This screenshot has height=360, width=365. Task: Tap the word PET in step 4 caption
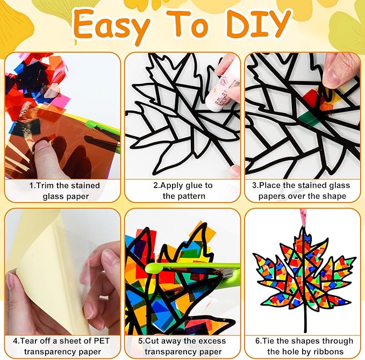pyautogui.click(x=102, y=341)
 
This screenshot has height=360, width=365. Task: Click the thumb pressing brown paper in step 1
pyautogui.click(x=41, y=151)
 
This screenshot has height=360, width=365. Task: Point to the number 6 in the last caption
pyautogui.click(x=257, y=341)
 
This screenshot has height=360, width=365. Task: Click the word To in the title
pyautogui.click(x=188, y=25)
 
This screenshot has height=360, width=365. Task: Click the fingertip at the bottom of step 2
pyautogui.click(x=234, y=171)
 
